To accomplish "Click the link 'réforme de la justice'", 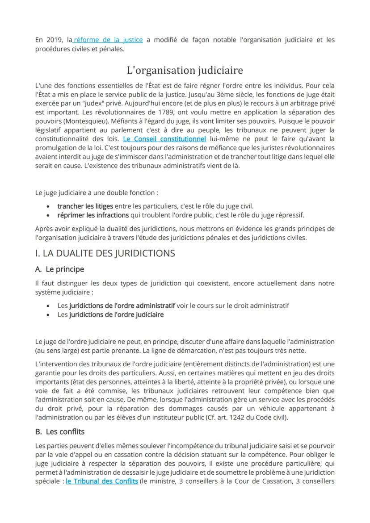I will tap(109, 40).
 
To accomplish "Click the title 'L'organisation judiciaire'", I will tap(185, 70).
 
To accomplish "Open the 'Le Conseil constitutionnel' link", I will tap(164, 139).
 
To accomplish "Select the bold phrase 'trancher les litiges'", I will tap(85, 206).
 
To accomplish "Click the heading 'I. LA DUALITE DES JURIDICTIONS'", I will tap(105, 253).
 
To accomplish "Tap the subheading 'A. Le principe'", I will tap(59, 269).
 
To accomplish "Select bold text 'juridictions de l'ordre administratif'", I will tap(122, 305).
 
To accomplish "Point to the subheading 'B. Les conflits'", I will tap(59, 432).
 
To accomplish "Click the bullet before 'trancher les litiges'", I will tap(48, 206).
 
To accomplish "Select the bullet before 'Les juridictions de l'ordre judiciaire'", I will tap(48, 315).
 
